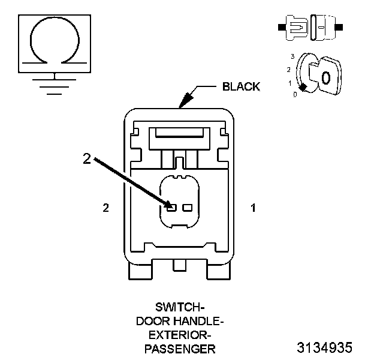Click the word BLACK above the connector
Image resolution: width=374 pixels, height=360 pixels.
241,86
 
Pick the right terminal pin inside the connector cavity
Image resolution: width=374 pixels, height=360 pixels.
187,208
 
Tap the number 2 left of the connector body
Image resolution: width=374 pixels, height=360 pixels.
106,208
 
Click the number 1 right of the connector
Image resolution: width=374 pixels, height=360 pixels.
253,208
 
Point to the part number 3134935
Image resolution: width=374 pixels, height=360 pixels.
324,347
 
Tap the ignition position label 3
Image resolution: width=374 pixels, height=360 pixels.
292,56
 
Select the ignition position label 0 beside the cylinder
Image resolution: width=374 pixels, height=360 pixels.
294,94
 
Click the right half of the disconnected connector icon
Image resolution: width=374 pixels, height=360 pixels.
323,28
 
